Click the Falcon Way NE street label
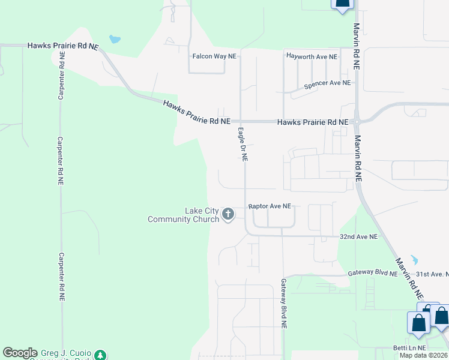(x=214, y=56)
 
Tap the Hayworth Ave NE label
(x=312, y=56)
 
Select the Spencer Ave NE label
(x=327, y=84)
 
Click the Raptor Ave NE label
(x=270, y=206)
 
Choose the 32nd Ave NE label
(x=358, y=237)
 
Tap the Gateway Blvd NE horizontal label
(x=373, y=273)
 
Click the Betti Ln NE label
(x=409, y=348)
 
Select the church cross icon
(x=228, y=214)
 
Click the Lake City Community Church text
(x=184, y=215)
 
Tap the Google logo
(x=20, y=353)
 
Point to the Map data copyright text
(x=423, y=355)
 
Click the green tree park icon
(x=101, y=355)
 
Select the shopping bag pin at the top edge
(x=342, y=4)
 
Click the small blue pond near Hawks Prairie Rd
(x=114, y=40)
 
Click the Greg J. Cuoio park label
(x=66, y=353)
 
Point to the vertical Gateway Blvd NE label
(x=283, y=303)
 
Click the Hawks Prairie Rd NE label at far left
(x=62, y=46)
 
